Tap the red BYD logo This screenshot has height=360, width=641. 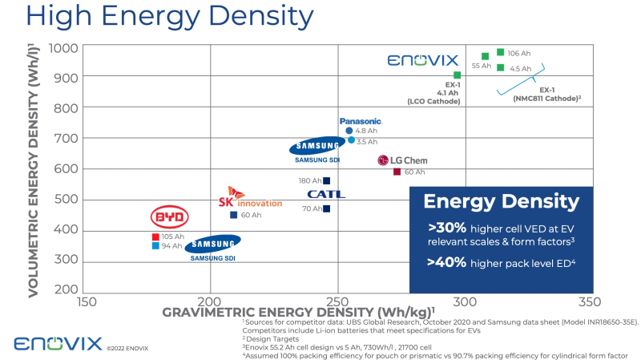169,217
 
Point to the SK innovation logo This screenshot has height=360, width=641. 250,198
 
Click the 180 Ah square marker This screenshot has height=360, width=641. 326,181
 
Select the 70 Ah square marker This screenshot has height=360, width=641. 326,209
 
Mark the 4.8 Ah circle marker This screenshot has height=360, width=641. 349,131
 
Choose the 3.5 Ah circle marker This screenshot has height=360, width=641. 351,140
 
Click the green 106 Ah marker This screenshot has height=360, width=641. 500,53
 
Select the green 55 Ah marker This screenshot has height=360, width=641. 485,57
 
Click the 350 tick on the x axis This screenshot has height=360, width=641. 589,301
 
